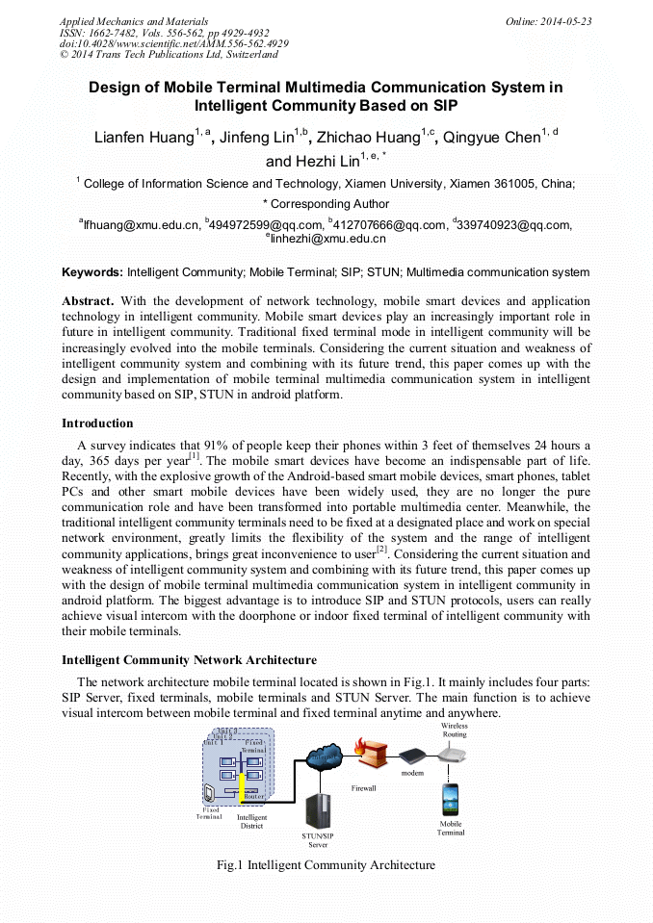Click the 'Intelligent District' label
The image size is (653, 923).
(x=251, y=821)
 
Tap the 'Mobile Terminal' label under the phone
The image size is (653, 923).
(x=450, y=828)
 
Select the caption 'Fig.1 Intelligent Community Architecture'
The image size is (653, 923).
(x=326, y=865)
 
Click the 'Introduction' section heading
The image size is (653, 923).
(x=97, y=423)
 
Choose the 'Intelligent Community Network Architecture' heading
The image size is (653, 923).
(x=189, y=660)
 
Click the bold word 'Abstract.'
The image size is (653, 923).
(x=88, y=300)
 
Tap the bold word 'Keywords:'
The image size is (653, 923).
(x=92, y=272)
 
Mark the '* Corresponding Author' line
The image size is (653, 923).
(x=326, y=204)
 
